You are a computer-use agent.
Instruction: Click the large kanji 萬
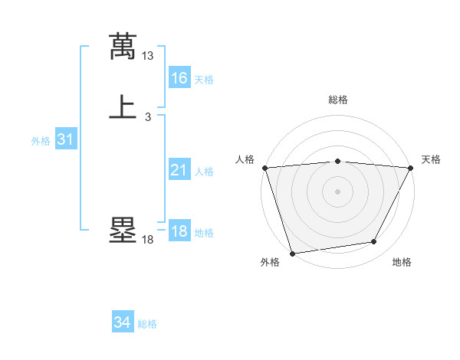(x=123, y=47)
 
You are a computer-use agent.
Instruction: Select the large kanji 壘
(x=123, y=231)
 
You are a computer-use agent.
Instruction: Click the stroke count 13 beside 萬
(x=148, y=56)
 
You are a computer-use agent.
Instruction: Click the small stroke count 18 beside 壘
(x=148, y=240)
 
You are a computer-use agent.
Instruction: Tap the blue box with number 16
(x=179, y=78)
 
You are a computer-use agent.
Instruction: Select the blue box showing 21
(x=179, y=170)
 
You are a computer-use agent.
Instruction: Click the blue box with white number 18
(x=179, y=231)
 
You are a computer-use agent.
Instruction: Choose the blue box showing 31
(x=65, y=139)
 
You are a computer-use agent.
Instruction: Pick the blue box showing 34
(x=122, y=322)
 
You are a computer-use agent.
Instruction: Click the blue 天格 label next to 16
(x=204, y=80)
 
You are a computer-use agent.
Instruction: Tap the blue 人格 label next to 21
(x=204, y=172)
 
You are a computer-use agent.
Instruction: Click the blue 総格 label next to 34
(x=147, y=324)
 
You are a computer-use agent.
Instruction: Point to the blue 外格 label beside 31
(x=41, y=141)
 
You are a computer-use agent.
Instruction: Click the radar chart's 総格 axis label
(x=337, y=100)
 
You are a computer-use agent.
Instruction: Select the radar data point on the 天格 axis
(x=410, y=168)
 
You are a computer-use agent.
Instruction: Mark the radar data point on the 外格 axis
(x=292, y=253)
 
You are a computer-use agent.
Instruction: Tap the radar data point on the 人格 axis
(x=264, y=168)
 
